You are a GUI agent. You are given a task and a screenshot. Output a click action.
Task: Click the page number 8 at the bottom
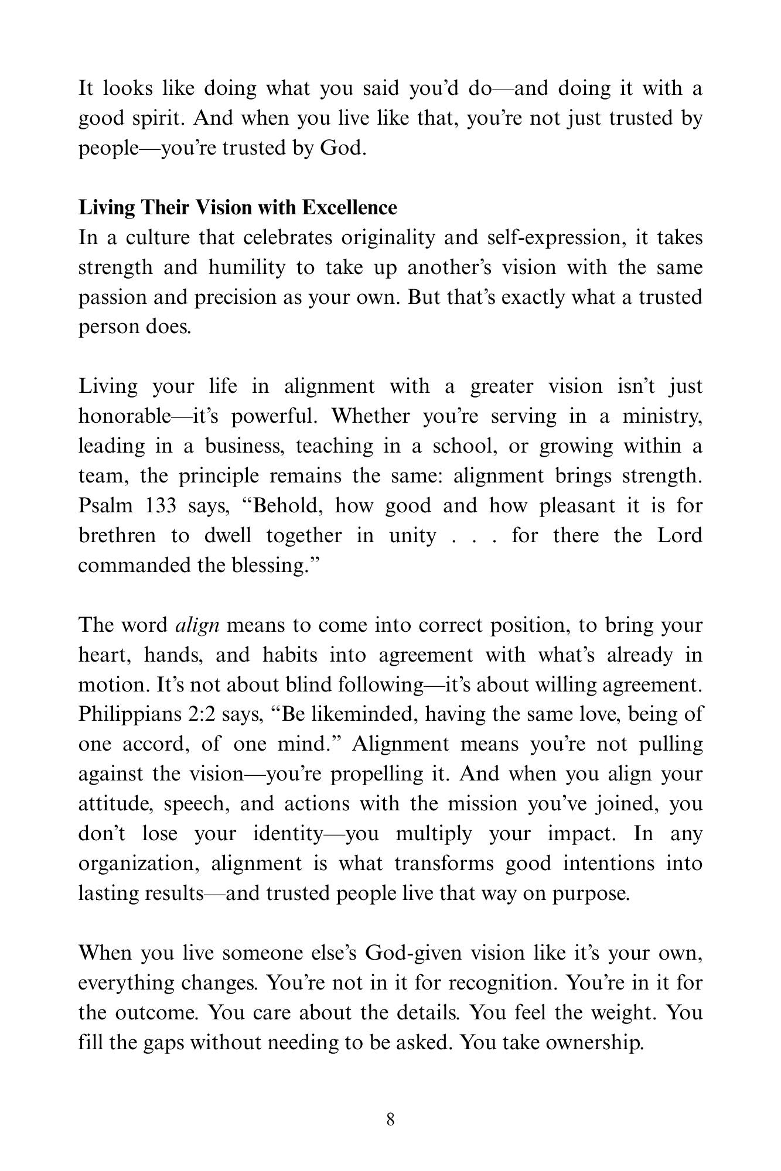tap(391, 1119)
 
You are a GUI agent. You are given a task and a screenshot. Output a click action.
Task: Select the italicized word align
tap(197, 625)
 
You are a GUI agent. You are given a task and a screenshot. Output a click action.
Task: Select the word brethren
tap(117, 536)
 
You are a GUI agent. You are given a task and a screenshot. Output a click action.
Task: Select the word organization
tap(137, 864)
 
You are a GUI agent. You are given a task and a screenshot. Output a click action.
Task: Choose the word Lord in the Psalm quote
tap(680, 536)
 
